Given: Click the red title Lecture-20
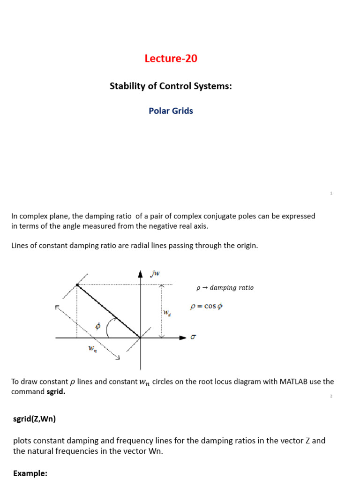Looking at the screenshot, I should coord(171,59).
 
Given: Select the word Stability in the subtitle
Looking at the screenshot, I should coord(126,86).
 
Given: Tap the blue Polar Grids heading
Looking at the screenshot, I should coord(171,111).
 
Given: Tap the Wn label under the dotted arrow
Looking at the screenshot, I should coord(92,349).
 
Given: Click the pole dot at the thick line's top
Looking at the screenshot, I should coord(77,285).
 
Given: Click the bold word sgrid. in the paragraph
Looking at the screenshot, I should coord(56,392).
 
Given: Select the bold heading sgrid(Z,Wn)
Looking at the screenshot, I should coord(35,419).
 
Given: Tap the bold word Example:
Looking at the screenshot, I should coord(30,473).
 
